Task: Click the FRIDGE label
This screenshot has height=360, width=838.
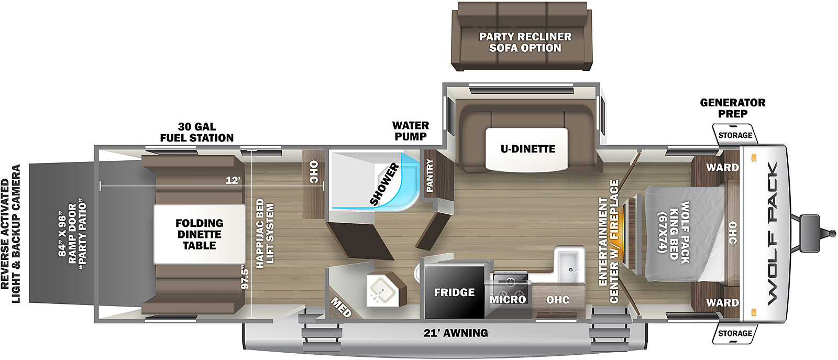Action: click(x=454, y=292)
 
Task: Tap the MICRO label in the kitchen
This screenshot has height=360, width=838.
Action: click(x=508, y=300)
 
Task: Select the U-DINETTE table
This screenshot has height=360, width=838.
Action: click(x=527, y=149)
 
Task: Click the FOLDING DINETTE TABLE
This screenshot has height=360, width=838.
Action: click(x=199, y=234)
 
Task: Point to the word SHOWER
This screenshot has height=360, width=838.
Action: click(x=384, y=184)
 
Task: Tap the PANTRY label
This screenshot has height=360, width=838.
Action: click(x=430, y=176)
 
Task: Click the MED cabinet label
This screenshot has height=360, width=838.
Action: click(x=341, y=307)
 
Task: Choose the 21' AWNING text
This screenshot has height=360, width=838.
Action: click(x=456, y=333)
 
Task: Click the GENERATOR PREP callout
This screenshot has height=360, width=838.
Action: click(x=732, y=108)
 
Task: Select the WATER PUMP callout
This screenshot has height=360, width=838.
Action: click(x=411, y=131)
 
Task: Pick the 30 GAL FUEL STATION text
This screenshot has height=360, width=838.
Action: click(x=197, y=133)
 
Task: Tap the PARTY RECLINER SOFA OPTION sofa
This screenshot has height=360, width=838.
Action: click(x=525, y=42)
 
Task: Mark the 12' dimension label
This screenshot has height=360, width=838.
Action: click(x=233, y=180)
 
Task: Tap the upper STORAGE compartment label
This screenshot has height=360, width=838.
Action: click(x=735, y=135)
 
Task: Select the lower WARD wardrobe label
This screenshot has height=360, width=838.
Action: click(x=722, y=303)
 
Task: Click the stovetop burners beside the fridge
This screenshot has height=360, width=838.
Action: click(x=509, y=280)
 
